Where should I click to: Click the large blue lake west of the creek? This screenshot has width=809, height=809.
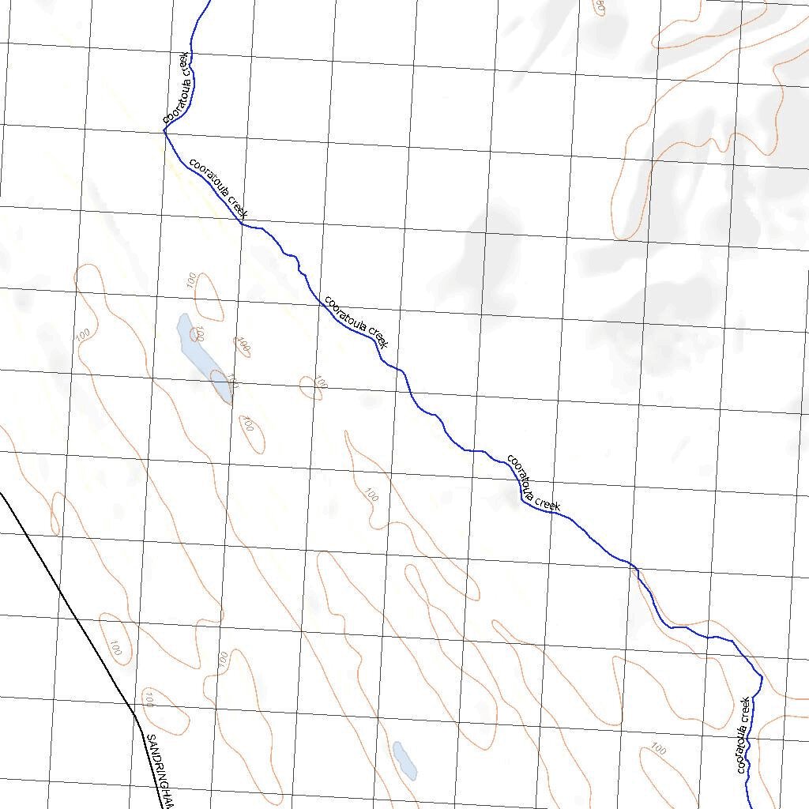[x=204, y=357]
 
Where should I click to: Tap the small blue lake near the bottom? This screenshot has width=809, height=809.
[x=404, y=758]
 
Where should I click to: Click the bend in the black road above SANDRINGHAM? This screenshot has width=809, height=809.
[x=134, y=714]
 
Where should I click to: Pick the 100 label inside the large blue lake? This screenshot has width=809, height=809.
[x=199, y=333]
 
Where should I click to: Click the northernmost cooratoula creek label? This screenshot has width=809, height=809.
[x=178, y=88]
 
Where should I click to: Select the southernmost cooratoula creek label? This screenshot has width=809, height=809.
[x=743, y=735]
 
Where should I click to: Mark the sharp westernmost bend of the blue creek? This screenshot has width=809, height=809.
[x=164, y=132]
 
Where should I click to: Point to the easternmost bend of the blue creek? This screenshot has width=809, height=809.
[x=761, y=676]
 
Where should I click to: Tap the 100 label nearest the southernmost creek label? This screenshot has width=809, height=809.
[x=657, y=747]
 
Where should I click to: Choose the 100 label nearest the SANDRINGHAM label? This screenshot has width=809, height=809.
[x=149, y=698]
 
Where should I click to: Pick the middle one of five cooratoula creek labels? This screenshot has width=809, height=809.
[x=356, y=322]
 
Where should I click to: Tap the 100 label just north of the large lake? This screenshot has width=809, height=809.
[x=190, y=279]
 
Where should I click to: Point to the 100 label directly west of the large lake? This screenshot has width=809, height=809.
[x=83, y=335]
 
